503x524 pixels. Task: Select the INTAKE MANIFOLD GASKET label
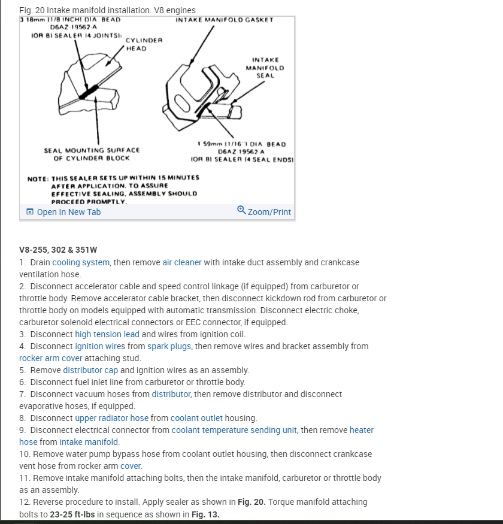point(225,20)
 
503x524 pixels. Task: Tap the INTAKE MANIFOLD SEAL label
point(265,68)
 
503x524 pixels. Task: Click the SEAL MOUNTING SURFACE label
point(92,150)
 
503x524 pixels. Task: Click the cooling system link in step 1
point(81,262)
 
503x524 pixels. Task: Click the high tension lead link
point(107,334)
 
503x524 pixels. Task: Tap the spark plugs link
point(169,346)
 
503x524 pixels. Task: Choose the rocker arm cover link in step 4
point(51,358)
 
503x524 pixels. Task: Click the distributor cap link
point(90,370)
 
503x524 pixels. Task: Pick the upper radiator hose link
point(111,418)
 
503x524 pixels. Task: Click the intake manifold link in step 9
point(89,442)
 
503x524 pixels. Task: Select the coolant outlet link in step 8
point(196,418)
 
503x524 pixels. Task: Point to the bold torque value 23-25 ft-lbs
point(72,514)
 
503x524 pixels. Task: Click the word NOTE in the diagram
point(38,178)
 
